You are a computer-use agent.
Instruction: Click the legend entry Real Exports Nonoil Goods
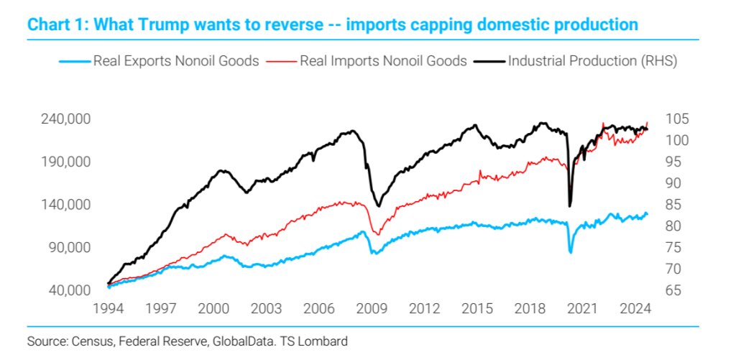[x=175, y=61]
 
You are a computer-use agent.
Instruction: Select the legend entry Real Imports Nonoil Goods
[x=383, y=61]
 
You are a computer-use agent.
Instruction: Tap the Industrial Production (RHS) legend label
[x=592, y=61]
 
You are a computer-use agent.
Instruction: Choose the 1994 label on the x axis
[x=109, y=309]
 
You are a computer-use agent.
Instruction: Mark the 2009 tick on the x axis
[x=372, y=309]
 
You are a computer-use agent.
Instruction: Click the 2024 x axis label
[x=636, y=309]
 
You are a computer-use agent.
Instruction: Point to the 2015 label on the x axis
[x=478, y=309]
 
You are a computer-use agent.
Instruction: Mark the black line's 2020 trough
[x=570, y=206]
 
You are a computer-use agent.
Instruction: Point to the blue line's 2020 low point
[x=571, y=252]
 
